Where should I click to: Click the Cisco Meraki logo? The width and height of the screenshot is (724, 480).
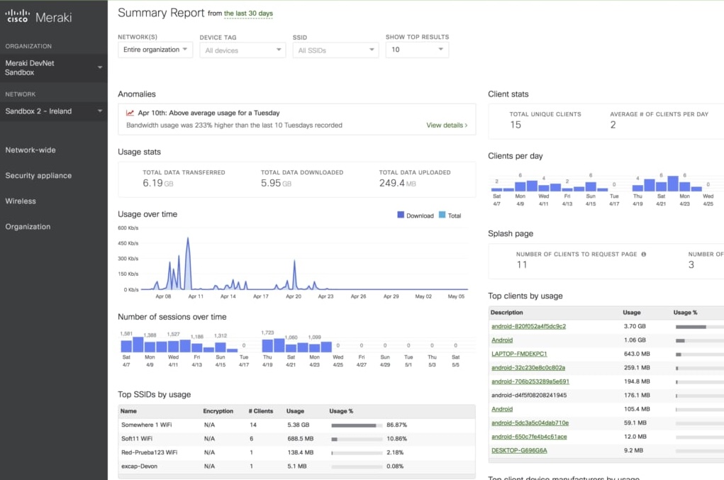(39, 17)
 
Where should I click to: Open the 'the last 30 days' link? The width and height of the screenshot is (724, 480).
(247, 13)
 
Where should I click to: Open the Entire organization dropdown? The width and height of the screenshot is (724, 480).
(155, 50)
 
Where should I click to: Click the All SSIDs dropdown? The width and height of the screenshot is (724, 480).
(335, 50)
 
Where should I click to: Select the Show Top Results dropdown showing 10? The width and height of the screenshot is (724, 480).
(417, 50)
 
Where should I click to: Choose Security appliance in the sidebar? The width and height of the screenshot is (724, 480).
(38, 176)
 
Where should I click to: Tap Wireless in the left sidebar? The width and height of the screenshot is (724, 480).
(21, 201)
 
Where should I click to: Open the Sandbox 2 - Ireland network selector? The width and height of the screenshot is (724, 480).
(53, 111)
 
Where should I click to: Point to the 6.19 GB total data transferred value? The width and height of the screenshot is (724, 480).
(157, 183)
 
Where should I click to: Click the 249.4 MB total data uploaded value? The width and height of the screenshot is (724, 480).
(397, 183)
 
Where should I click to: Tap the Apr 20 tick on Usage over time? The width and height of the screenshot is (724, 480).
(293, 297)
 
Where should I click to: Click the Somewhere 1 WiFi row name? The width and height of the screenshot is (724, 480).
(146, 425)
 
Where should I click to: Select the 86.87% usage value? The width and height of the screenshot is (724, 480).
(396, 425)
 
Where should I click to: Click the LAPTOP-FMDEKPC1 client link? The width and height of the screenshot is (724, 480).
(519, 354)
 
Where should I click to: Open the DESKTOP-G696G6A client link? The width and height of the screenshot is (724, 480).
(519, 450)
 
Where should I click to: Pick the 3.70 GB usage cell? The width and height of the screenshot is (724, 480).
(633, 326)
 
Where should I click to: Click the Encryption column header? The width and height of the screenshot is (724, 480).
(218, 411)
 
